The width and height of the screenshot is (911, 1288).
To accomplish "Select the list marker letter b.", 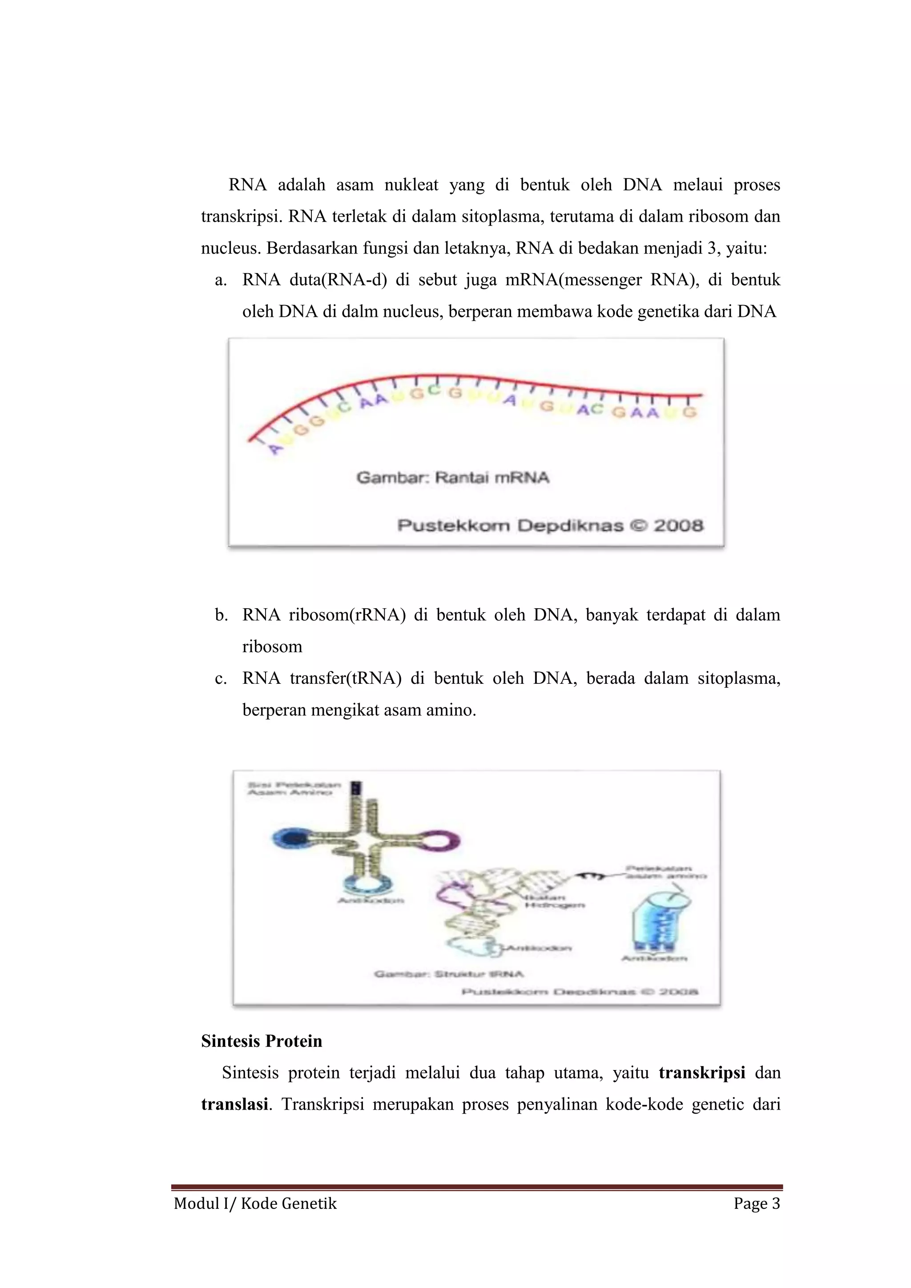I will click(221, 615).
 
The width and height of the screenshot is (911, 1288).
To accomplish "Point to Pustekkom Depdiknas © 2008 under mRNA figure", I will click(550, 525).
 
